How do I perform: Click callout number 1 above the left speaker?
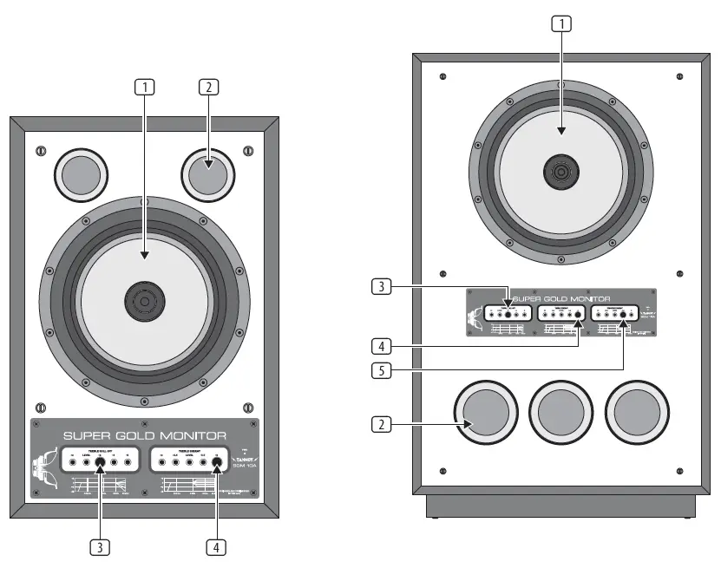[x=145, y=87]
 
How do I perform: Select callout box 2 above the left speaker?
[x=208, y=87]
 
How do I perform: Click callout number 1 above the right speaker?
[x=561, y=24]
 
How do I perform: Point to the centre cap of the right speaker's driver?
[x=561, y=171]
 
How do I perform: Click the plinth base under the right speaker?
[x=561, y=506]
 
